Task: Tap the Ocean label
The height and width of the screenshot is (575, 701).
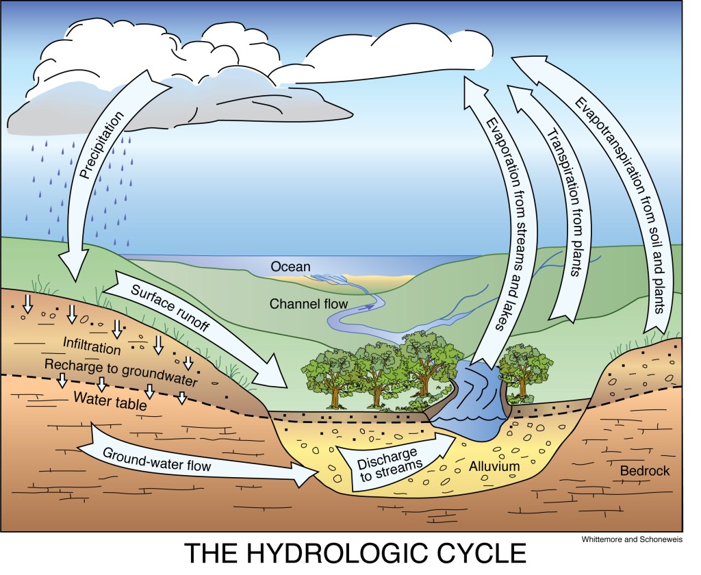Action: pos(290,266)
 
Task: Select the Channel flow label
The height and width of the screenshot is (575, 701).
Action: pos(309,303)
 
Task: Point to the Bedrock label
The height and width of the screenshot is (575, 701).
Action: pos(644,471)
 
